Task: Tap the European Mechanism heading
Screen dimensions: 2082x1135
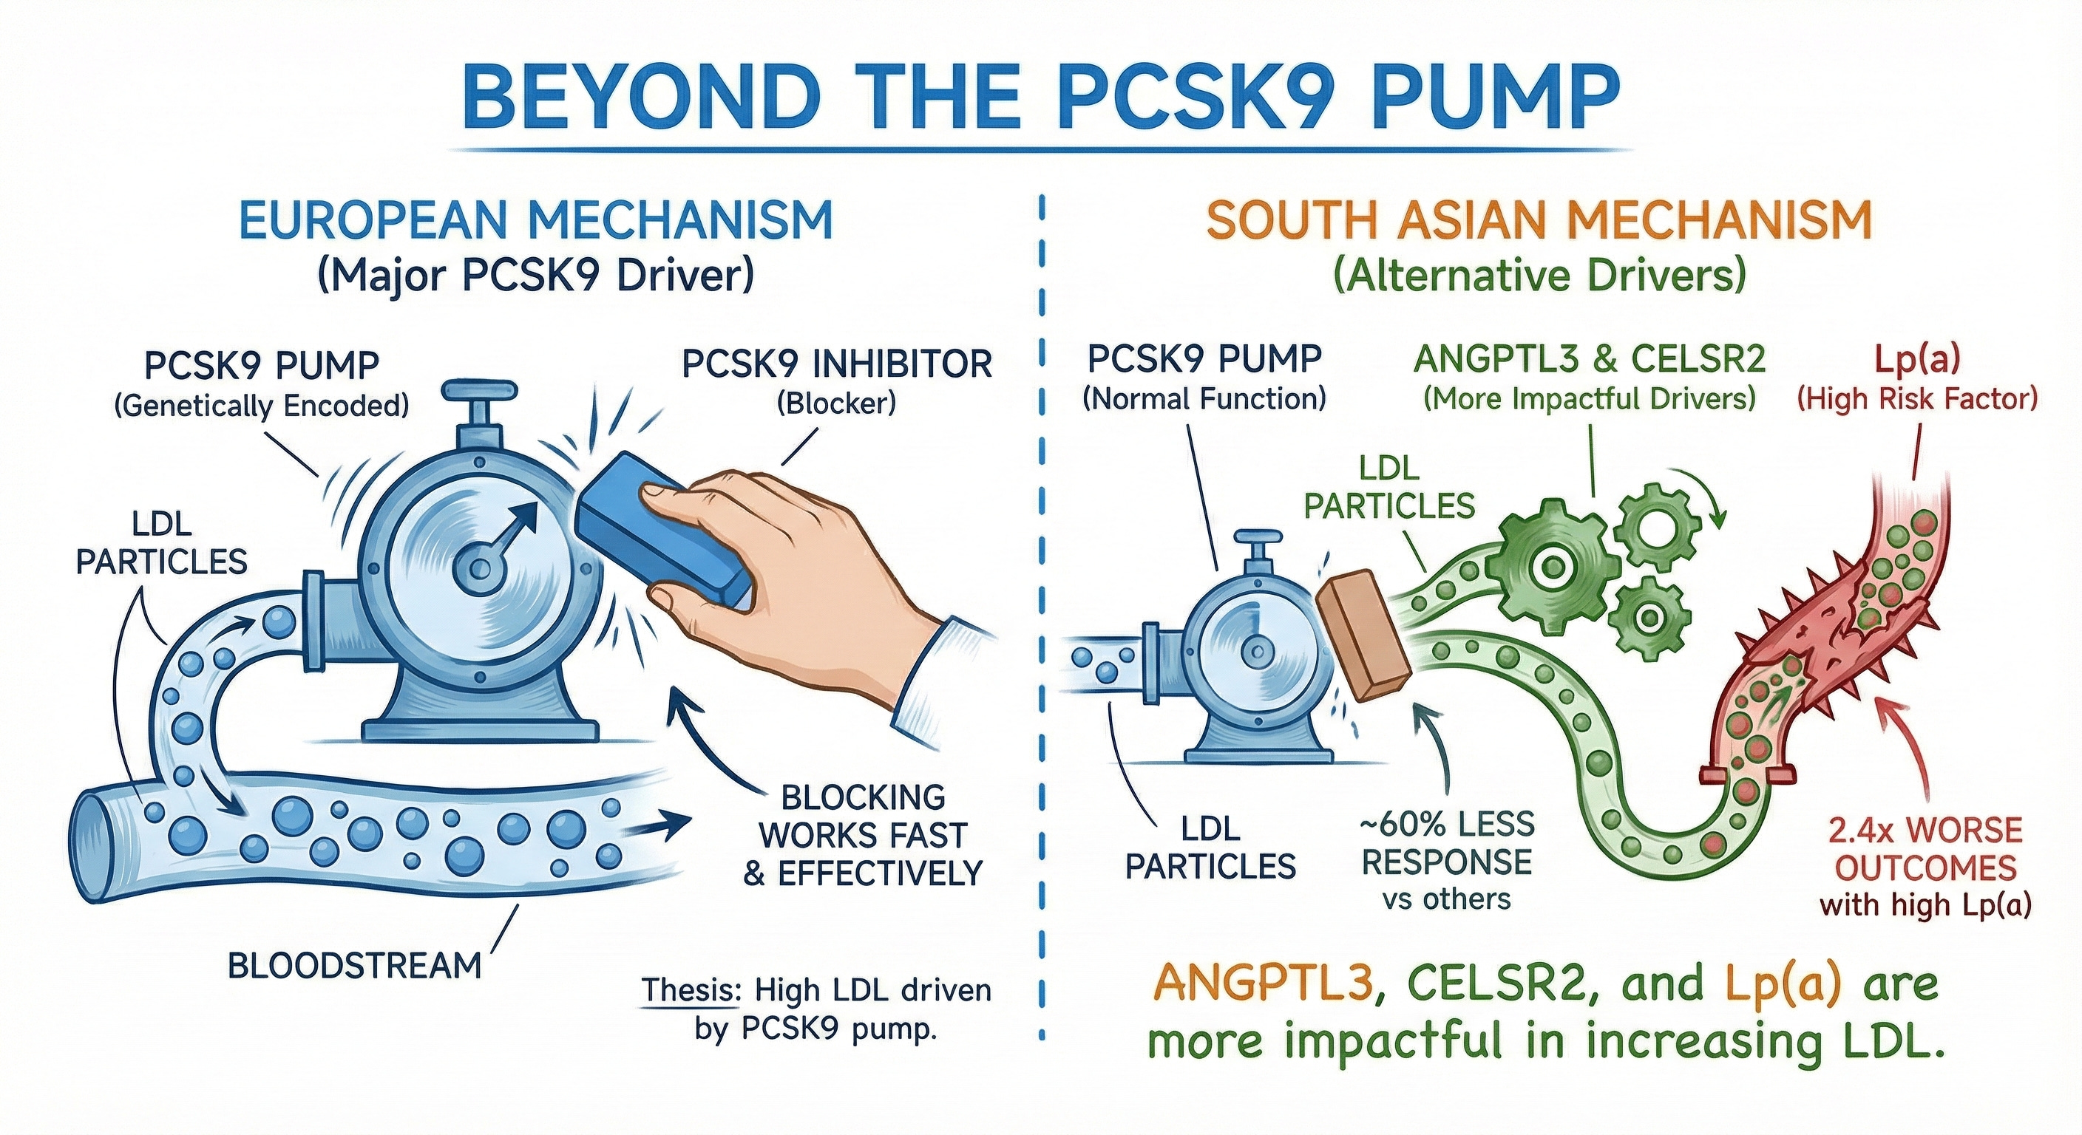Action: pos(536,219)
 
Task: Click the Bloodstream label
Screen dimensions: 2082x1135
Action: pos(354,964)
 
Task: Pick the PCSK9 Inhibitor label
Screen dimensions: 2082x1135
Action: pos(836,364)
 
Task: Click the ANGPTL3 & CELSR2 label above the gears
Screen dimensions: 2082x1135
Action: pos(1589,361)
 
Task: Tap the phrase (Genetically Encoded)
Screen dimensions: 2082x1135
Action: pos(261,405)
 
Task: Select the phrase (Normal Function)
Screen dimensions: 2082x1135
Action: pos(1204,399)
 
